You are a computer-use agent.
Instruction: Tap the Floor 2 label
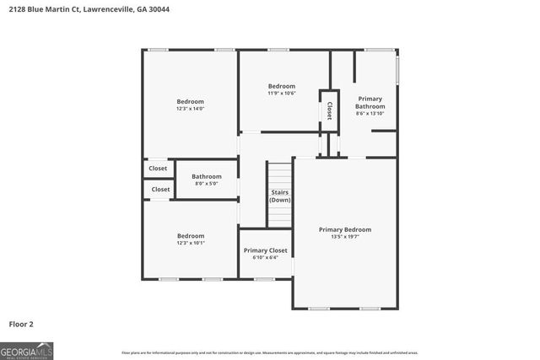(21, 324)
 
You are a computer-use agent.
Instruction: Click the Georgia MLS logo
(27, 350)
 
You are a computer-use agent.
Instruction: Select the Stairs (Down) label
(280, 196)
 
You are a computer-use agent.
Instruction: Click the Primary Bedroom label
(344, 229)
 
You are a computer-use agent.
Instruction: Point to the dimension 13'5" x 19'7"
(344, 237)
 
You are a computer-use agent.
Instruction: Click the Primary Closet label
(266, 250)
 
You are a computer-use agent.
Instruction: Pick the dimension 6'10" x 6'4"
(266, 258)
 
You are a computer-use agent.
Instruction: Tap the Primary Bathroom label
(370, 103)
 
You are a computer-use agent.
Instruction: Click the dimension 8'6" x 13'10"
(370, 114)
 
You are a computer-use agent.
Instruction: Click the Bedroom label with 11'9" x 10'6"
(282, 86)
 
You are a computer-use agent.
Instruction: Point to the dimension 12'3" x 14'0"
(190, 109)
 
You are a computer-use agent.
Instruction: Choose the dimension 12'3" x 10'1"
(190, 243)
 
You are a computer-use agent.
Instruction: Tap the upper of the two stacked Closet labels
(159, 169)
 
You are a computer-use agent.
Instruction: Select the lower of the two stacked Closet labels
(160, 190)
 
